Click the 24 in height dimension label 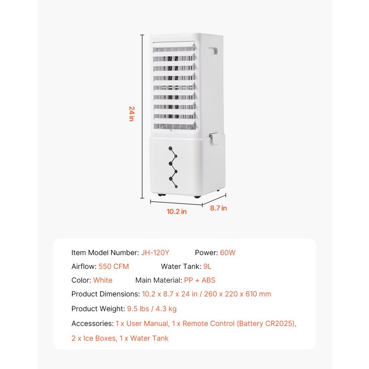click(x=131, y=113)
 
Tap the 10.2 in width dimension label click(x=177, y=212)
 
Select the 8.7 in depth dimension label click(x=218, y=208)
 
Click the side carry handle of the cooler click(x=213, y=51)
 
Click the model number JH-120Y click(x=155, y=252)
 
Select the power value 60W click(x=227, y=252)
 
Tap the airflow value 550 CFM click(x=113, y=267)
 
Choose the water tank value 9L click(x=207, y=267)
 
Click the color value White click(x=102, y=280)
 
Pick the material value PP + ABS click(x=200, y=280)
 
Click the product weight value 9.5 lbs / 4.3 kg click(x=152, y=309)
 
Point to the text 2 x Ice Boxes click(x=94, y=338)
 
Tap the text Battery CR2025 click(x=266, y=323)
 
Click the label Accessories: click(x=93, y=323)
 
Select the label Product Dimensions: click(x=106, y=294)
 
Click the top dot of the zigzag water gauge click(x=170, y=148)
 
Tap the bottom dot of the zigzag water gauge click(x=176, y=187)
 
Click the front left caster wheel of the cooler click(x=161, y=195)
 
